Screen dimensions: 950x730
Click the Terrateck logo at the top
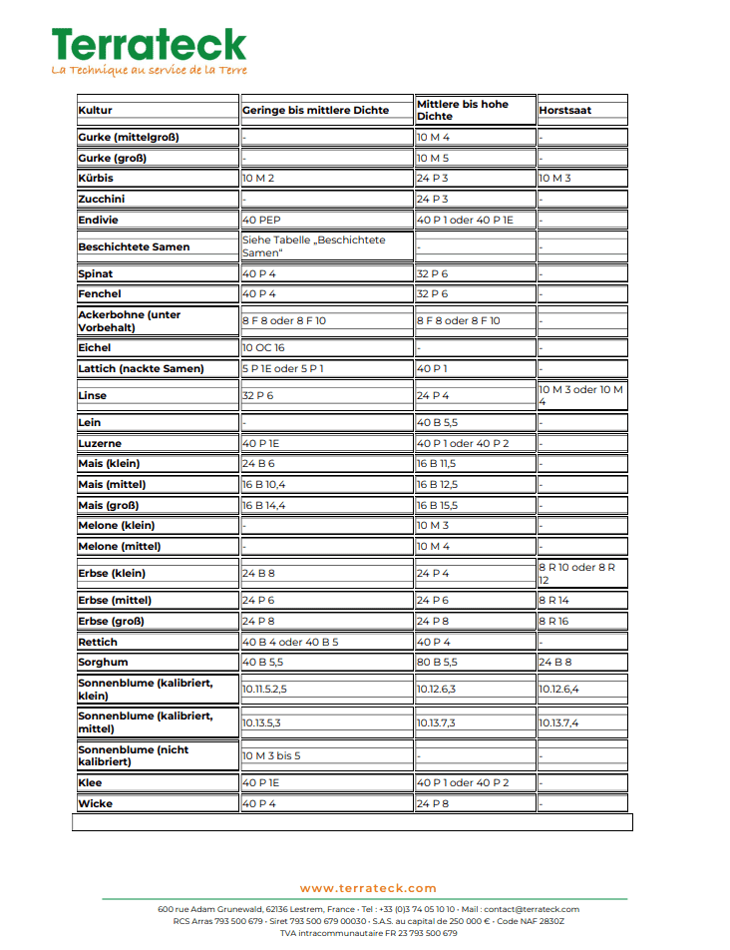coord(149,45)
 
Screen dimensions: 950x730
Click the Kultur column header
coord(96,110)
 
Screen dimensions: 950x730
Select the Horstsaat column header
coord(565,110)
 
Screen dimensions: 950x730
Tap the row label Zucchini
coord(102,200)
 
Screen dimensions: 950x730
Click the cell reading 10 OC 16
coord(263,348)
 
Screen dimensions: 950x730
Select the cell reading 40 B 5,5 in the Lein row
coord(437,423)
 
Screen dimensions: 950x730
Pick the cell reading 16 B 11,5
coord(437,464)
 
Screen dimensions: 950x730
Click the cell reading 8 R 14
coord(554,601)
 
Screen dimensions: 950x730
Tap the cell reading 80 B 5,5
coord(437,663)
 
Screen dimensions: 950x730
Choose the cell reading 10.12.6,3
coord(436,690)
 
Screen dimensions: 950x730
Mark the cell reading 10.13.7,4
coord(558,723)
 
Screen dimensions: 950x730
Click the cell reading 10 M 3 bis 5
coord(270,756)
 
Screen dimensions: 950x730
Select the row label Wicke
coord(96,804)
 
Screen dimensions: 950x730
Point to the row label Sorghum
coord(103,663)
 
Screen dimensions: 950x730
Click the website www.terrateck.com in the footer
coord(368,888)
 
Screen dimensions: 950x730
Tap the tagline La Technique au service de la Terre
coord(149,70)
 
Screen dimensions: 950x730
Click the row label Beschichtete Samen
coord(134,247)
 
